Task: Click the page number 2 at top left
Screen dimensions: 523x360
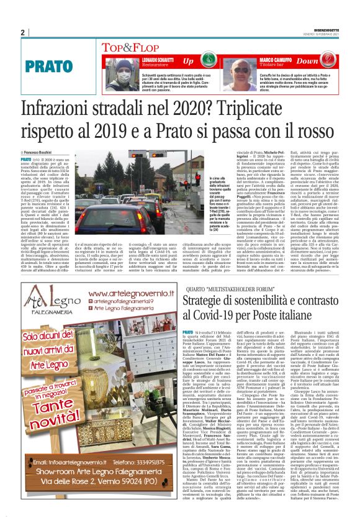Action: coord(23,32)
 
